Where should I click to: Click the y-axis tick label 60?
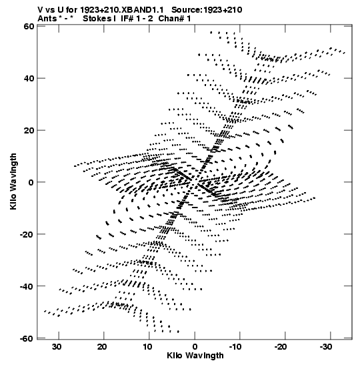click(x=29, y=26)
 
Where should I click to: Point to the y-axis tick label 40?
click(x=29, y=78)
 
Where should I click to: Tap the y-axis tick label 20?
click(x=29, y=130)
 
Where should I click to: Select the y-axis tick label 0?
click(x=31, y=182)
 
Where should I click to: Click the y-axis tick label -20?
click(x=27, y=234)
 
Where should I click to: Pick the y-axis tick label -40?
click(x=27, y=286)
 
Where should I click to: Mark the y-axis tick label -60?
click(x=27, y=338)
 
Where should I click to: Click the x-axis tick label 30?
click(x=57, y=347)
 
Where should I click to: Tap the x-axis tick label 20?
click(x=102, y=347)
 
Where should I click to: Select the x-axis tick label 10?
click(x=147, y=347)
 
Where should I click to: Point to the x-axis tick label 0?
click(x=195, y=347)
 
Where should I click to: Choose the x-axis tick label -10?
click(x=236, y=347)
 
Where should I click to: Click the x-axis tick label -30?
click(x=325, y=347)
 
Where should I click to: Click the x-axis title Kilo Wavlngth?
click(x=195, y=356)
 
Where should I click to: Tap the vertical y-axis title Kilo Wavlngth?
click(x=13, y=181)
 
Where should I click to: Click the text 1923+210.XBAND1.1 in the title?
click(x=122, y=10)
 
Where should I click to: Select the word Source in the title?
click(x=187, y=10)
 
